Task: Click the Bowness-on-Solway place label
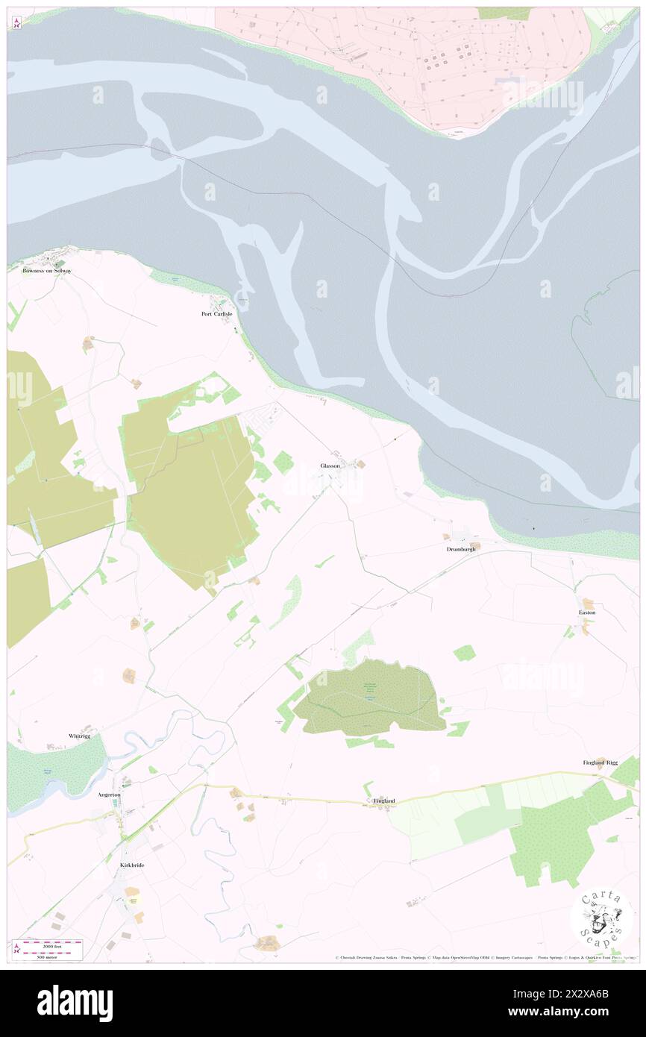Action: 46,271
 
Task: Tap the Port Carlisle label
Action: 217,314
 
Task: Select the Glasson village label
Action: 330,466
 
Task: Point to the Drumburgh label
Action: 461,549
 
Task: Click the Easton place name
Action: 587,612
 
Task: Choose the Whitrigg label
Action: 79,736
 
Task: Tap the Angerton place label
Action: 109,795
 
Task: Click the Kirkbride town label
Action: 131,865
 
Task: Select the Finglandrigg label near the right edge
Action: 600,762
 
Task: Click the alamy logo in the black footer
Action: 75,1003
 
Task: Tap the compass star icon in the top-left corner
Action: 16,22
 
